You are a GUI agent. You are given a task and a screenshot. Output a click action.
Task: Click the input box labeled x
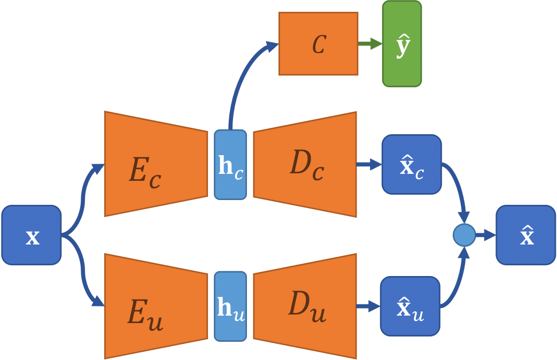[x=32, y=235]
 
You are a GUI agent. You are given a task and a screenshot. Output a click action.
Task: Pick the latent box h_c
[x=230, y=165]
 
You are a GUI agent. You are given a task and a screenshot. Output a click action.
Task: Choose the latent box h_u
[x=230, y=306]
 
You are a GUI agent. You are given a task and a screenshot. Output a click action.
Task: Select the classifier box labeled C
[x=318, y=44]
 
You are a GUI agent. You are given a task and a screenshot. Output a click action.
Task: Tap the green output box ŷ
[x=402, y=44]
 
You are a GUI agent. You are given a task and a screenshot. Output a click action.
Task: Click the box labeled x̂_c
[x=412, y=164]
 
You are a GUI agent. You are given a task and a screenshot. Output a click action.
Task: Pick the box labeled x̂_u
[x=410, y=306]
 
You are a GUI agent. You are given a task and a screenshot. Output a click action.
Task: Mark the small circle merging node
[x=464, y=235]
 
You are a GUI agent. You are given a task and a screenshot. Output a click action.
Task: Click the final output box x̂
[x=526, y=235]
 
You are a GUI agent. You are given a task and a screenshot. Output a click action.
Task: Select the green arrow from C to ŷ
[x=369, y=44]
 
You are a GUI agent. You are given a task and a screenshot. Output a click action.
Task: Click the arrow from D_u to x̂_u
[x=368, y=306]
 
